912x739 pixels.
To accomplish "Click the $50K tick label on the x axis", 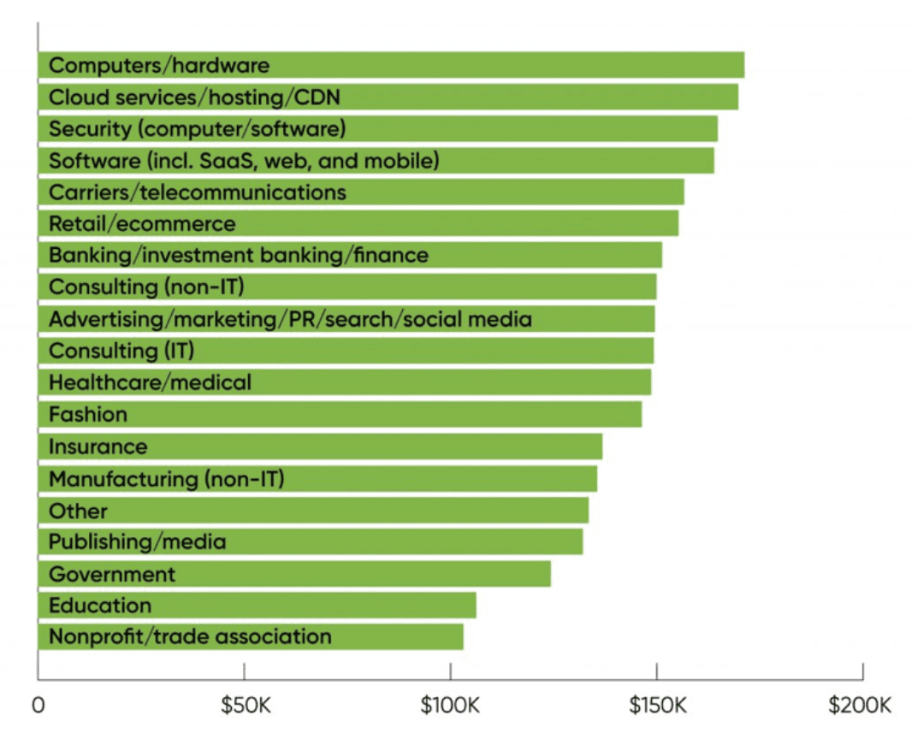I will point(245,706).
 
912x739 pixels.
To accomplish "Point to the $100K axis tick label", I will point(450,706).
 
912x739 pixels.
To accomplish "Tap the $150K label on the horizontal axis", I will point(656,706).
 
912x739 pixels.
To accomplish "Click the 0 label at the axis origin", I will point(38,706).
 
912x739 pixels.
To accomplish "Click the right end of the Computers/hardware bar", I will point(743,65).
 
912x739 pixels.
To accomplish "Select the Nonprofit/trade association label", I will point(190,636).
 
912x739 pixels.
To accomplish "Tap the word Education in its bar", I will point(100,606).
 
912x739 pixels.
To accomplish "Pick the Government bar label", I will point(112,574).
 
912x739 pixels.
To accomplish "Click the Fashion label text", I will point(88,415).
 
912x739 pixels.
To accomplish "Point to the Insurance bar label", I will point(98,446).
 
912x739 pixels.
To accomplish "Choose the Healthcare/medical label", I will point(150,382).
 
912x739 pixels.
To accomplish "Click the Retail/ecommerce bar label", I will point(142,224).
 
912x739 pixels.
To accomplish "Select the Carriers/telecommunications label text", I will point(198,192).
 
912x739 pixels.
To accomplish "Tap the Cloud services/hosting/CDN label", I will point(194,98).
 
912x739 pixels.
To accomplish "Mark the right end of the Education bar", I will point(475,606).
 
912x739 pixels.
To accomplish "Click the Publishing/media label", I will point(137,541).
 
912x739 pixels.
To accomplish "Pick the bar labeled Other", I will point(312,511).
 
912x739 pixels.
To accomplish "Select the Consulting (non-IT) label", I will point(152,287).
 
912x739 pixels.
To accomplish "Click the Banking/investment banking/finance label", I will point(239,256).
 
